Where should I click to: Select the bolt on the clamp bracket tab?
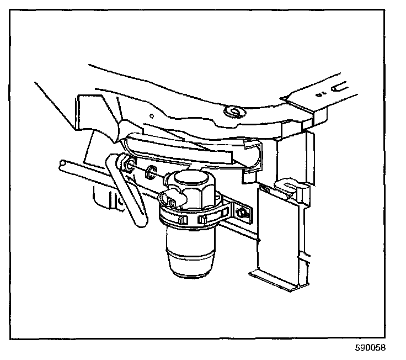point(241,212)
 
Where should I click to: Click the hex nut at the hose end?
point(127,165)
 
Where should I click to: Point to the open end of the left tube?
point(62,165)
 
